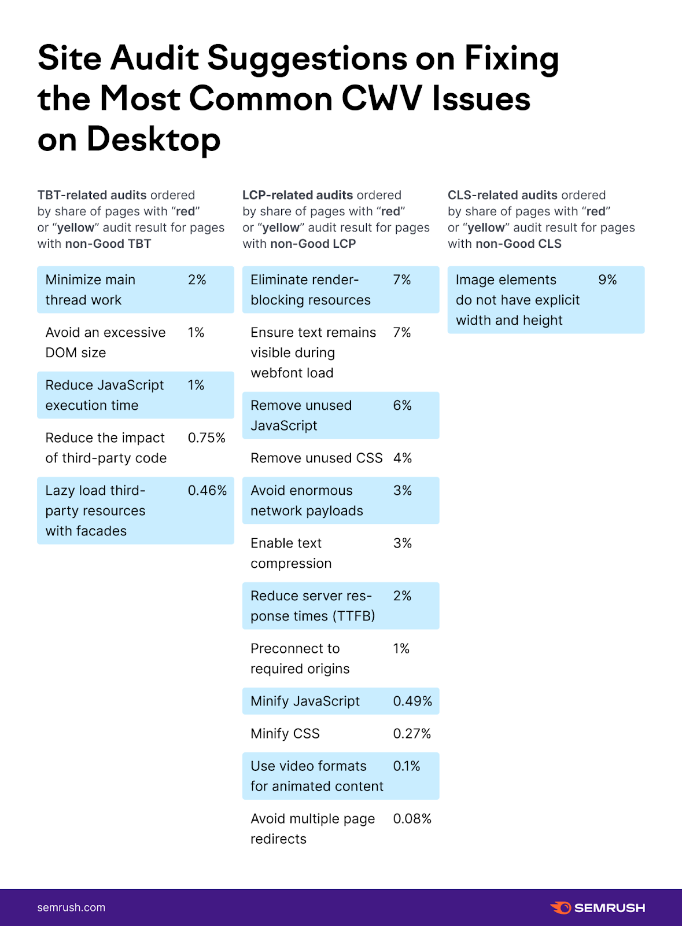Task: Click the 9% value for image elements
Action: click(x=607, y=280)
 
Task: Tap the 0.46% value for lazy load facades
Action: click(x=207, y=491)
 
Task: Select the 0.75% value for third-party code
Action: click(x=207, y=438)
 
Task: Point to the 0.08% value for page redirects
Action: click(x=412, y=819)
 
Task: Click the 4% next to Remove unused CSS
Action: click(x=403, y=458)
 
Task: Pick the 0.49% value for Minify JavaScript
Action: click(x=412, y=701)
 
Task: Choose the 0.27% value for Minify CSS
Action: click(x=412, y=734)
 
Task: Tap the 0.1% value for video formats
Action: click(x=407, y=766)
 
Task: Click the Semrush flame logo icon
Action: click(x=561, y=907)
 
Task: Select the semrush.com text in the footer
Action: click(x=71, y=907)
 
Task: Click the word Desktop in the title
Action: click(x=153, y=139)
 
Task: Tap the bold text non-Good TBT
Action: click(x=108, y=244)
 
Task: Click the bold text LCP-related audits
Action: click(x=297, y=195)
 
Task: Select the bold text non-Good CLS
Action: click(x=518, y=244)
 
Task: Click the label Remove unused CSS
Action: click(x=316, y=458)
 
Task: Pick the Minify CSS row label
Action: click(x=285, y=734)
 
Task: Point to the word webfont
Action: click(x=272, y=373)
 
